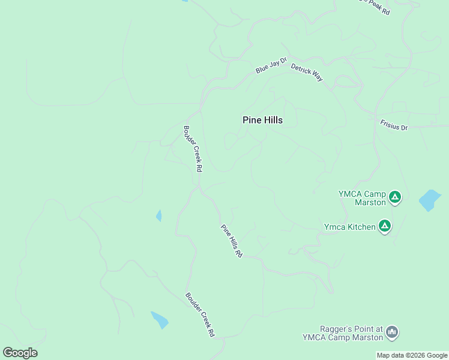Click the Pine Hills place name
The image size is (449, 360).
click(262, 120)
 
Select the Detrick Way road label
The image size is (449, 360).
click(307, 72)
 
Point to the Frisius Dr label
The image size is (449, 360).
click(394, 125)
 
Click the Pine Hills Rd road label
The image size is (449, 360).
click(231, 241)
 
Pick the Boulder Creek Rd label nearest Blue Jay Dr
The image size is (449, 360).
click(192, 148)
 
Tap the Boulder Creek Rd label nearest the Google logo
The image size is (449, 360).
click(200, 314)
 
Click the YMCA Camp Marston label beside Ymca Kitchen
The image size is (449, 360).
click(361, 198)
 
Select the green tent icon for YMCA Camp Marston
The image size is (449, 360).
click(394, 197)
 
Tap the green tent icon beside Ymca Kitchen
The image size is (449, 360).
click(385, 227)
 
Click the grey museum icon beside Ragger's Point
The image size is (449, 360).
click(392, 332)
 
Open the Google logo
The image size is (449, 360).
click(20, 353)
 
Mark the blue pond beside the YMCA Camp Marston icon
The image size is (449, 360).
click(429, 200)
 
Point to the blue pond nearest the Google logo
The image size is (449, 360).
click(160, 319)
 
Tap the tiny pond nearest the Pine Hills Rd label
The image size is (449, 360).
click(159, 215)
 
